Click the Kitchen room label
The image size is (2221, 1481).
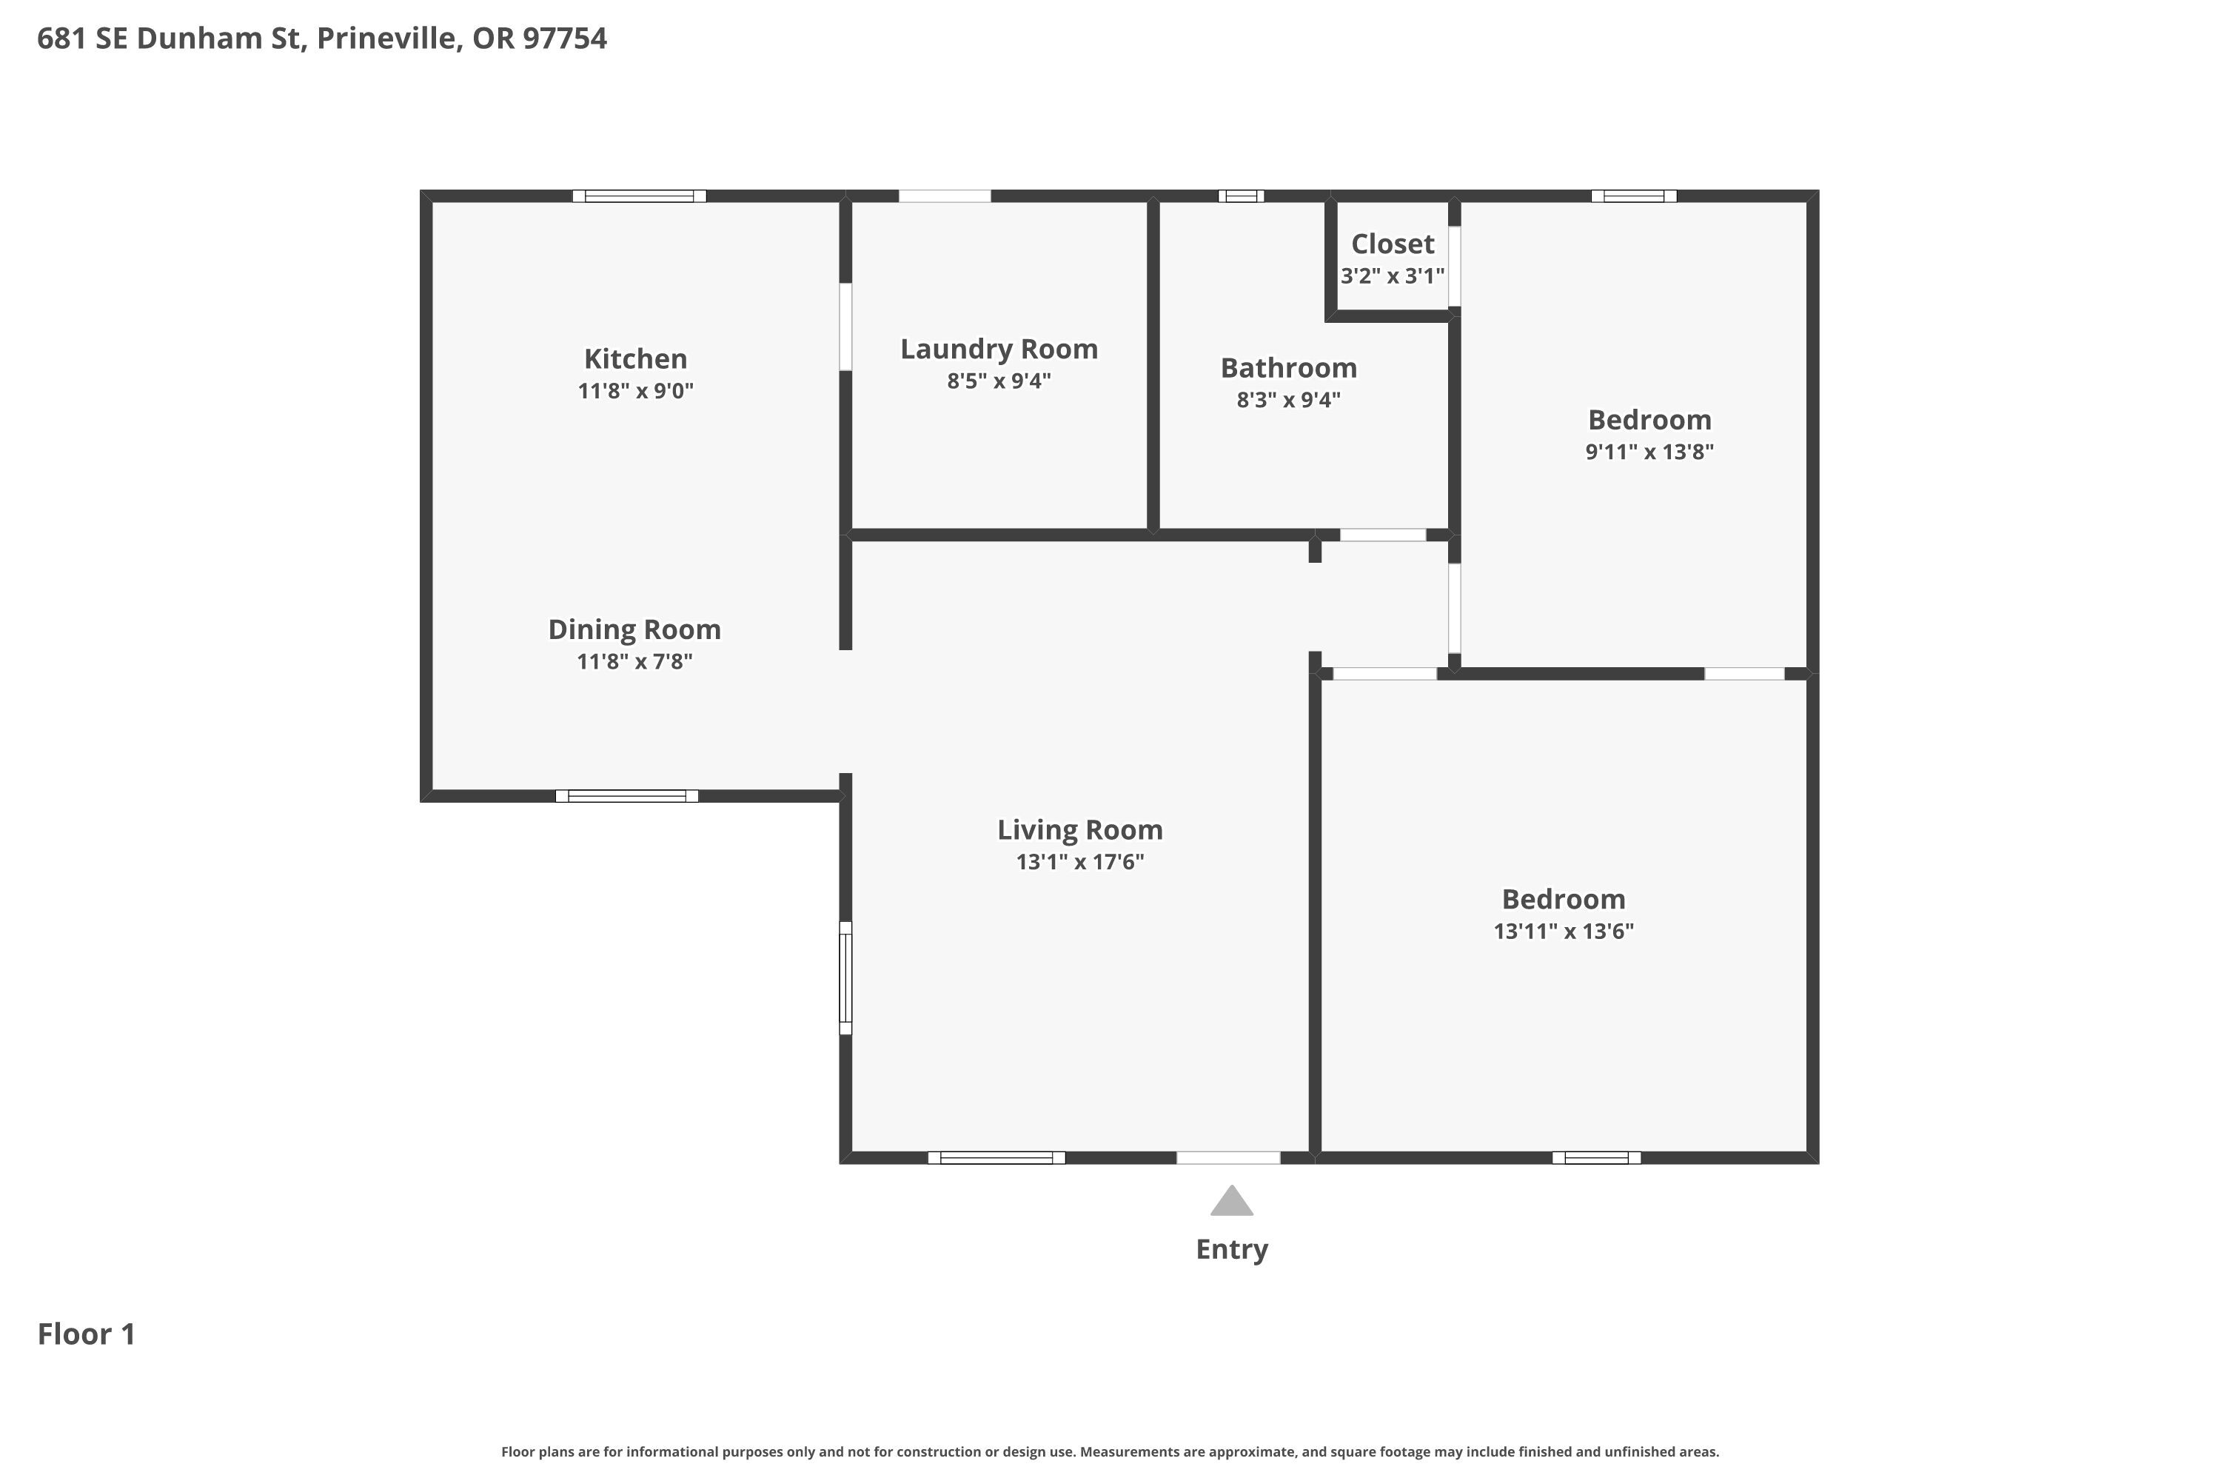tap(635, 359)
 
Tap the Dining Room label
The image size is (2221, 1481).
tap(634, 630)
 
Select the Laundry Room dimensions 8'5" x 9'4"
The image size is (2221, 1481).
tap(999, 381)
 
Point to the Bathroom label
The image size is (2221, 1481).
tap(1288, 367)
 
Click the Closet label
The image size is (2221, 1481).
tap(1393, 244)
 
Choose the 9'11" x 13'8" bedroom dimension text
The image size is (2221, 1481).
tap(1649, 452)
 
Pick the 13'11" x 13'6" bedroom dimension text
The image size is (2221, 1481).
tap(1563, 932)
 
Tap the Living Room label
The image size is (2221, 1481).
tap(1079, 830)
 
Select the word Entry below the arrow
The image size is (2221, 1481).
tap(1231, 1250)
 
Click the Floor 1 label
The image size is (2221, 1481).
tap(86, 1334)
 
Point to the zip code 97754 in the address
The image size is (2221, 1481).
tap(565, 38)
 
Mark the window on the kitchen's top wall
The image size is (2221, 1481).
tap(640, 196)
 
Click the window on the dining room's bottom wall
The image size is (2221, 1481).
tap(626, 796)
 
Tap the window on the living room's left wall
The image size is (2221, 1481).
tap(846, 977)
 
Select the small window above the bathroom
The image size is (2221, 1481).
tap(1241, 196)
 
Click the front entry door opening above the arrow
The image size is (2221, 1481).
tap(1227, 1158)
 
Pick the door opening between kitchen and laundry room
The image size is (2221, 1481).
tap(846, 327)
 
